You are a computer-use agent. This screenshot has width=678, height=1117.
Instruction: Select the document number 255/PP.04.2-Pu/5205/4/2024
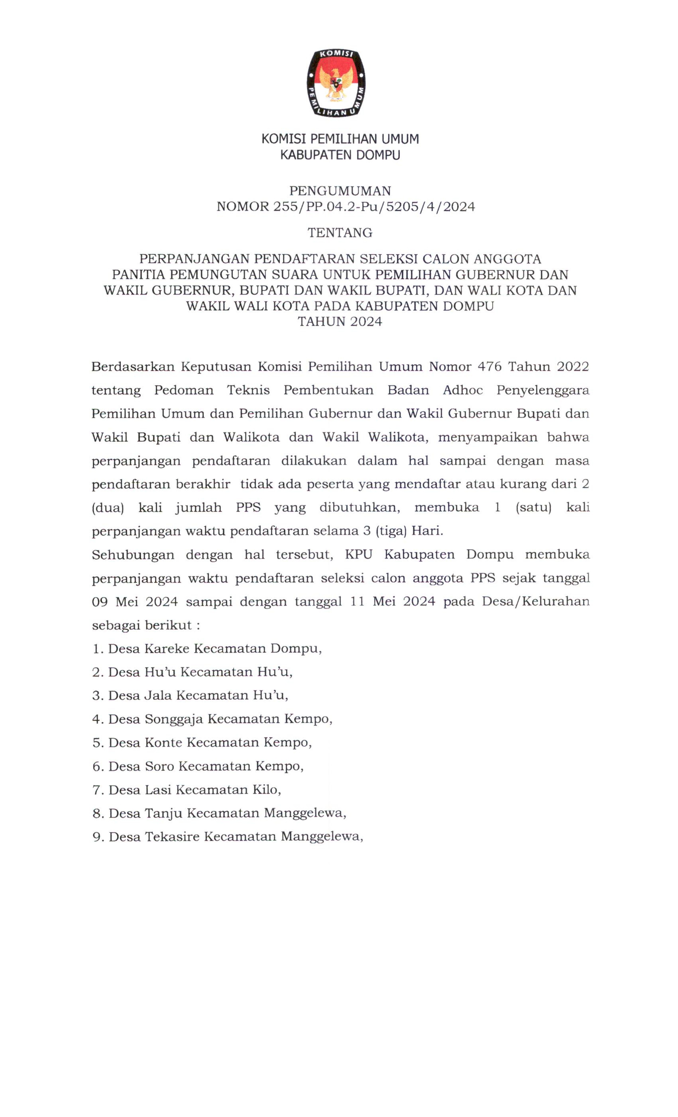374,207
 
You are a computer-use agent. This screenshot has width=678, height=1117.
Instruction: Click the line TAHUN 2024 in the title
340,322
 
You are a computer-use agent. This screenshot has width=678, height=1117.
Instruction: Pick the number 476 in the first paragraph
489,366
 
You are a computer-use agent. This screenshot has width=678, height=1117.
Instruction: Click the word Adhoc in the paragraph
462,390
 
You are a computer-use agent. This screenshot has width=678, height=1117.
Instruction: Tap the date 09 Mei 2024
135,602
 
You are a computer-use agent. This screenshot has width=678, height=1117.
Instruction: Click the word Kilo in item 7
266,790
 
